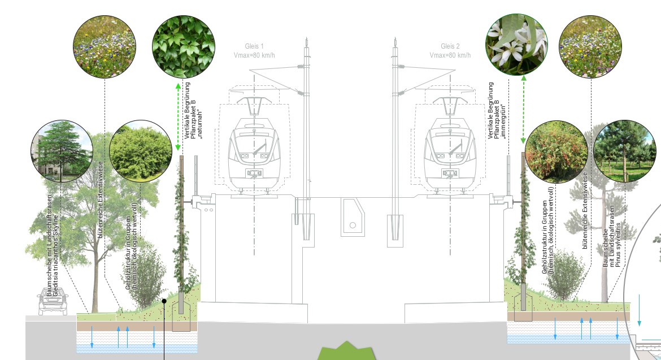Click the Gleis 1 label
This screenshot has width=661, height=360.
254,46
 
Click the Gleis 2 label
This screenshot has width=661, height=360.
450,46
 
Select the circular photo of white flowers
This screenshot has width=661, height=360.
517,46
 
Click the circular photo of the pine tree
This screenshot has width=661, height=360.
625,151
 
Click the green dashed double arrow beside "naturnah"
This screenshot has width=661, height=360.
178,117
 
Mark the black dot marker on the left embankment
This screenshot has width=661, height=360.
164,301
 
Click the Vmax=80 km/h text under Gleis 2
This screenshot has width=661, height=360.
450,55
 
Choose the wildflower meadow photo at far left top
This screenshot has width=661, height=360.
104,46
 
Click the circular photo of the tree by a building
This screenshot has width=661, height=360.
62,151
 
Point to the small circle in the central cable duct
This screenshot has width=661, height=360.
353,225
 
